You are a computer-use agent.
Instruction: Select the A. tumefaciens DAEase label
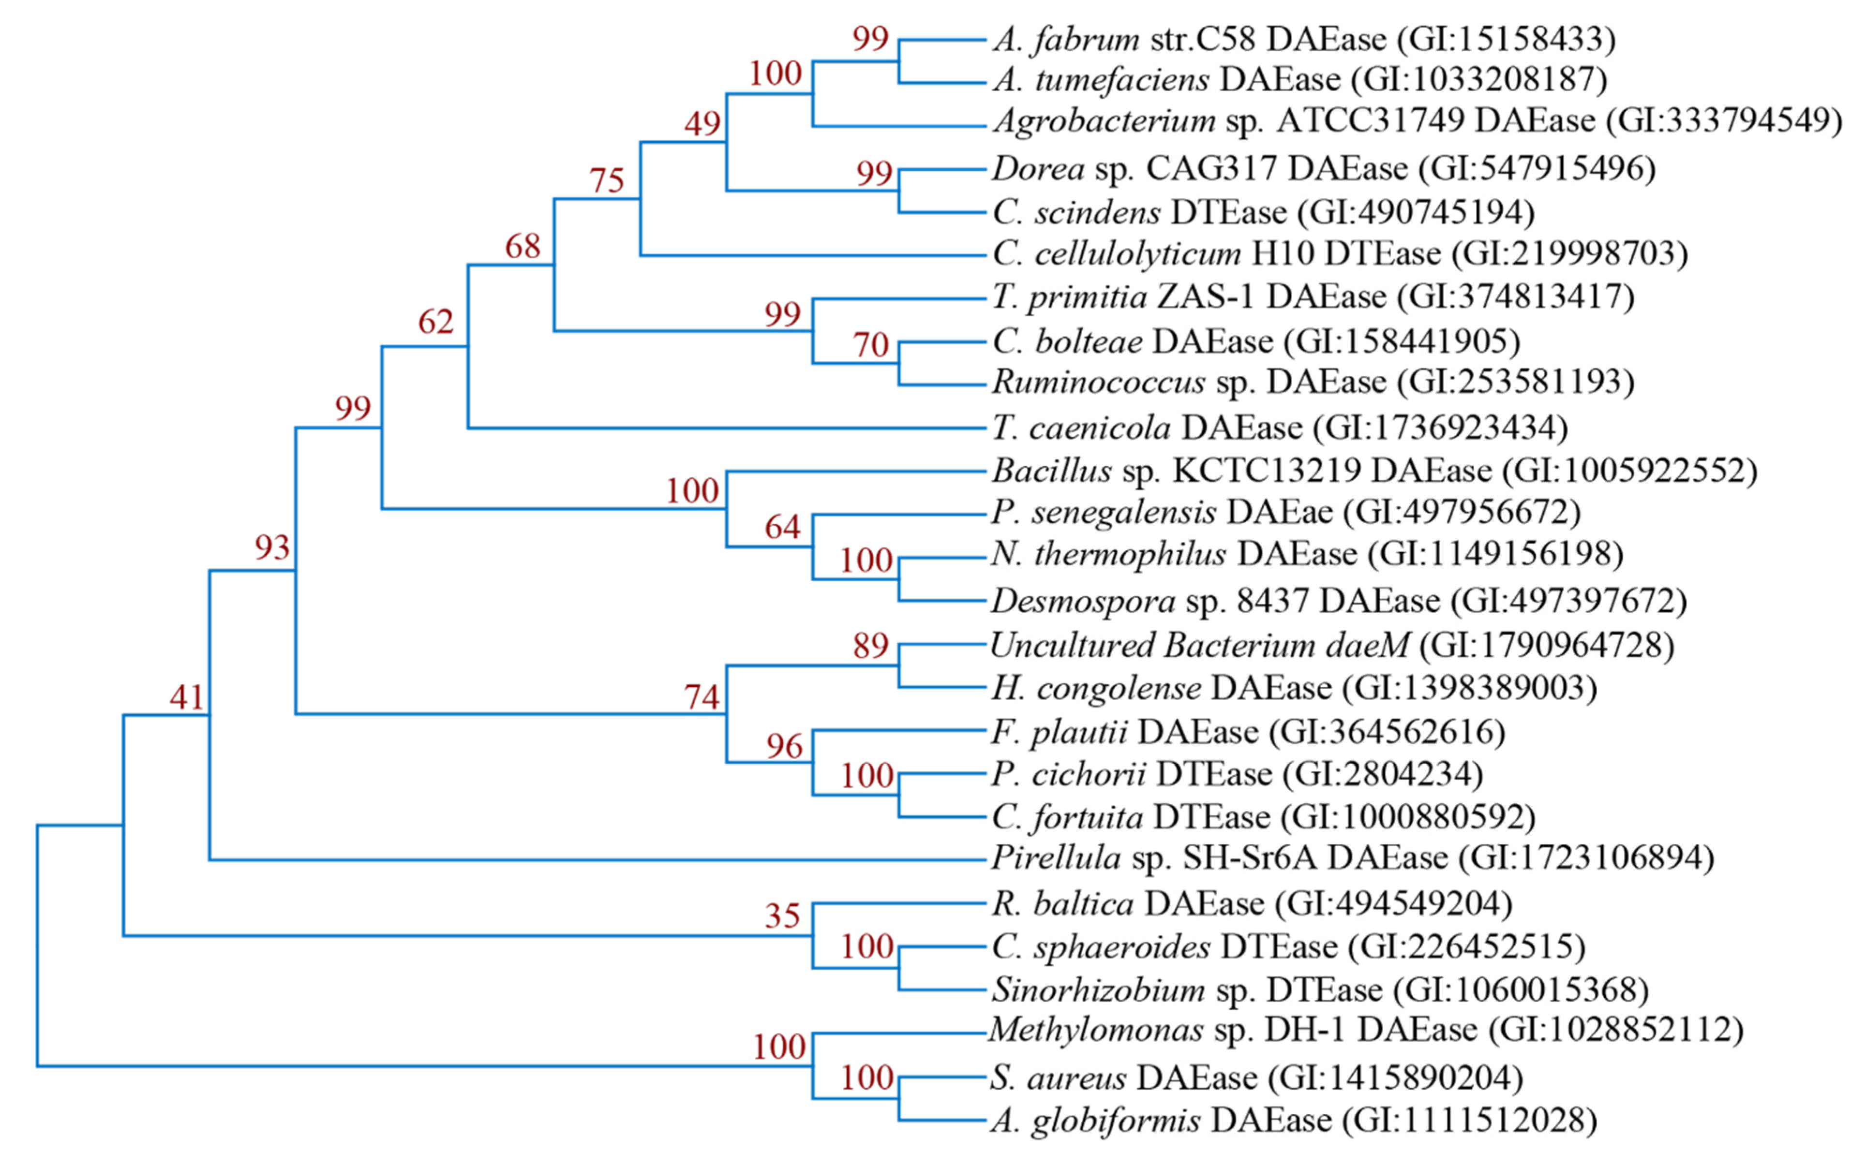point(1299,79)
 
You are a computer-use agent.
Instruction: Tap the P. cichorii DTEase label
point(1237,774)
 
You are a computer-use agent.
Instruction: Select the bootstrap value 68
point(522,246)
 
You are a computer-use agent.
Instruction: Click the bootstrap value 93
point(272,547)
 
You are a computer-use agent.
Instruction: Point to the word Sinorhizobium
point(1099,989)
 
